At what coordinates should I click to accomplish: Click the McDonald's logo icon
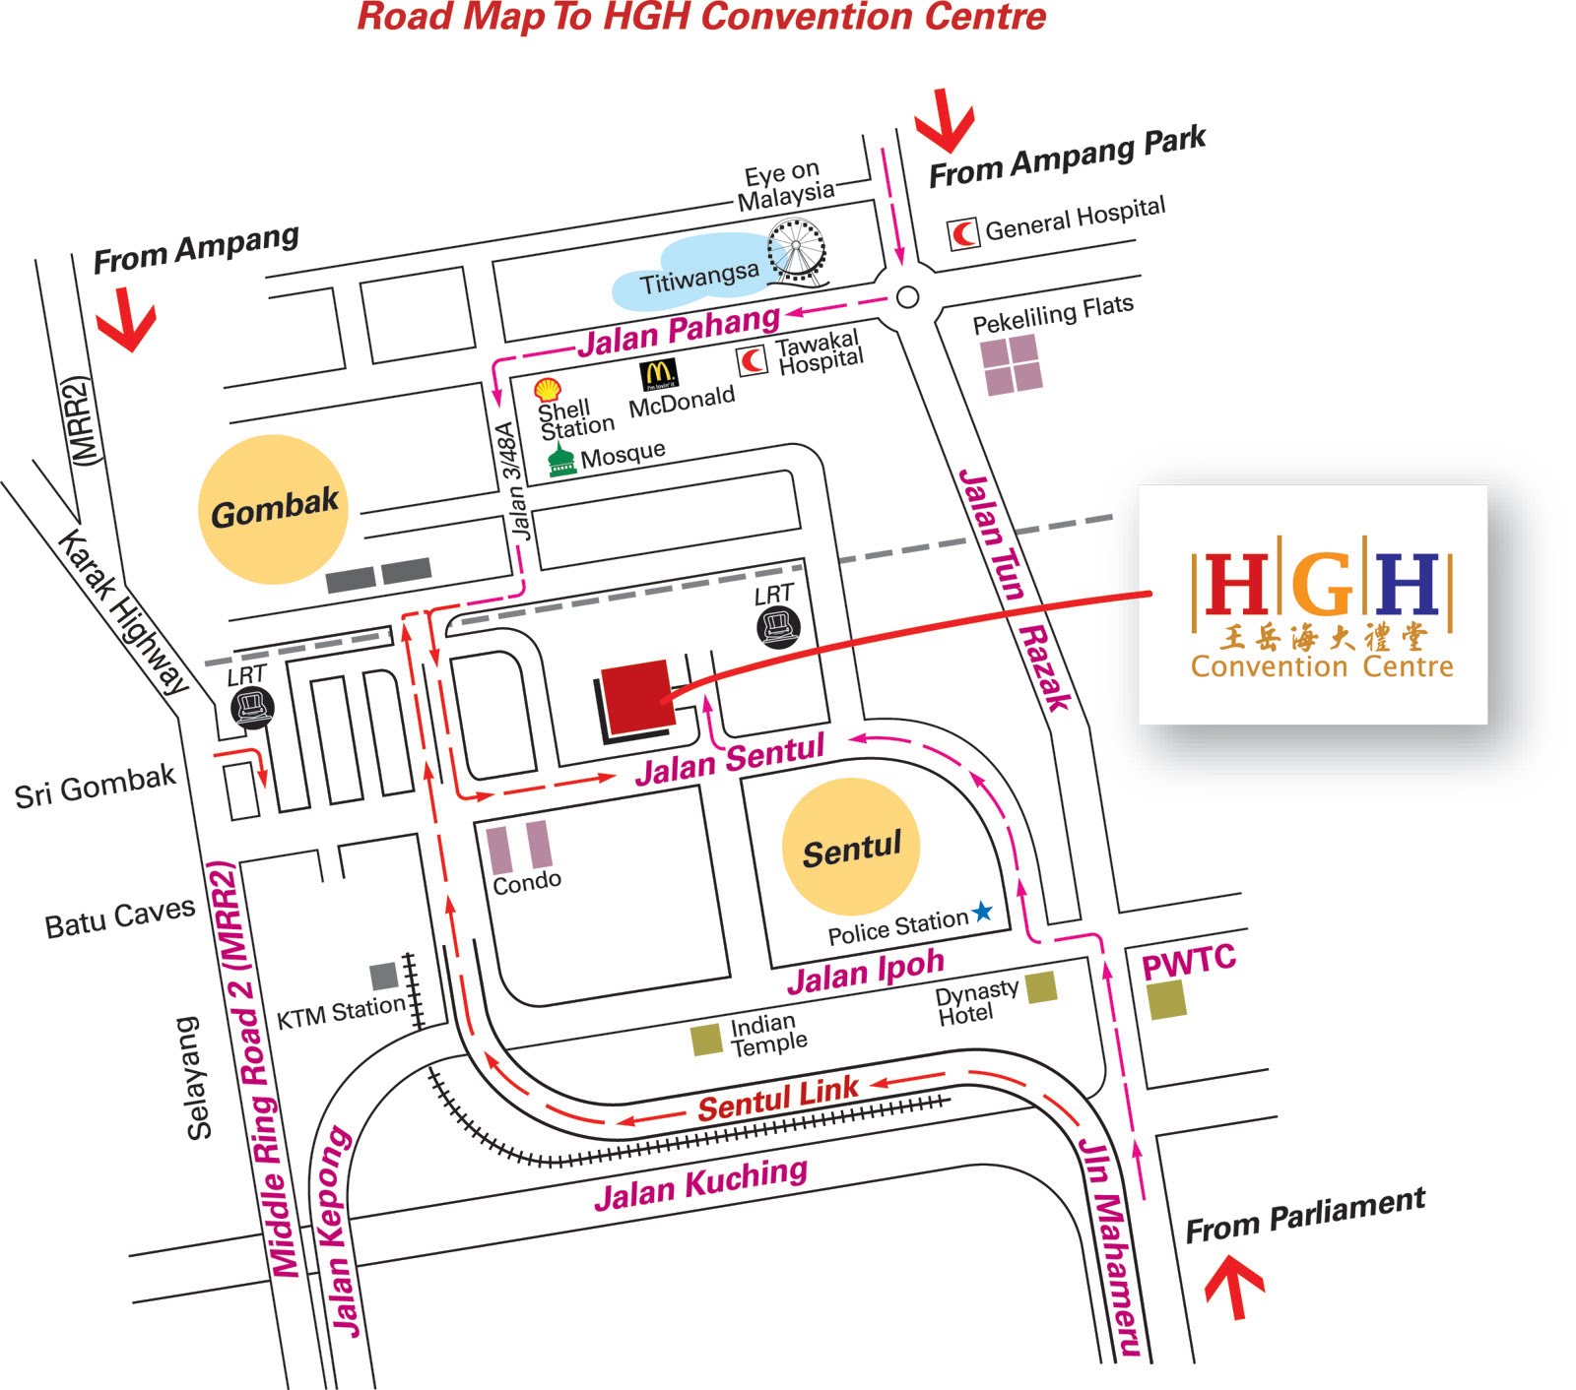pyautogui.click(x=658, y=375)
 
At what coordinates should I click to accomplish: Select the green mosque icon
pyautogui.click(x=561, y=461)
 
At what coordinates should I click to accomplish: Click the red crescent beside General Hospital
pyautogui.click(x=963, y=233)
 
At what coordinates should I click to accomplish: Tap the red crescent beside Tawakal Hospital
pyautogui.click(x=753, y=360)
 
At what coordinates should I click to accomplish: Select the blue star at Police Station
pyautogui.click(x=983, y=912)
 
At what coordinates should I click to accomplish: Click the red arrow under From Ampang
pyautogui.click(x=126, y=320)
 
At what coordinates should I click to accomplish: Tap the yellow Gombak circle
pyautogui.click(x=274, y=509)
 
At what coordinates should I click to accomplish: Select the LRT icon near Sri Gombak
pyautogui.click(x=252, y=707)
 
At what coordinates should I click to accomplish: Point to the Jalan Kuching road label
pyautogui.click(x=700, y=1183)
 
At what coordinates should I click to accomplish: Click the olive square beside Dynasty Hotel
pyautogui.click(x=1041, y=986)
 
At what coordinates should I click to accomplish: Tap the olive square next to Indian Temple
pyautogui.click(x=706, y=1040)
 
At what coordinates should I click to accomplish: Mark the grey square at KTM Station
pyautogui.click(x=383, y=976)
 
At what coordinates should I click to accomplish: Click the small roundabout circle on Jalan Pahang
pyautogui.click(x=907, y=296)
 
